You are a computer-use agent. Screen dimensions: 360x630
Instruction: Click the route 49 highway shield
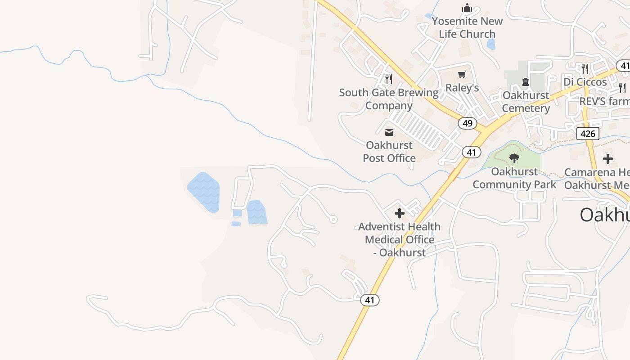click(x=468, y=123)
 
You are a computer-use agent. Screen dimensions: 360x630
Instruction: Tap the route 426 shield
click(x=588, y=133)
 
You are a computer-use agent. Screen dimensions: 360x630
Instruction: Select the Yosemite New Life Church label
click(x=467, y=27)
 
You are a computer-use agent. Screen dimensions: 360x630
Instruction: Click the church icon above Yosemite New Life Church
click(x=467, y=8)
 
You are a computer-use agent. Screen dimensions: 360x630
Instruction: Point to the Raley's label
click(x=462, y=88)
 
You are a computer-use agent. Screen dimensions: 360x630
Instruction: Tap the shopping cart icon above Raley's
click(x=462, y=74)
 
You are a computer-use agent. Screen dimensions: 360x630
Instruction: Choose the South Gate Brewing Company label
click(x=389, y=99)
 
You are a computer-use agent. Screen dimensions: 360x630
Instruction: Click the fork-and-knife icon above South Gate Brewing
click(x=389, y=79)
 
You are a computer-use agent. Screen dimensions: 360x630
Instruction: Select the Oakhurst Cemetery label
click(x=526, y=102)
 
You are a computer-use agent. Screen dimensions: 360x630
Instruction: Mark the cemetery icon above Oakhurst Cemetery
click(x=526, y=82)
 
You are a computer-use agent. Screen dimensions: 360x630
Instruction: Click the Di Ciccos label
click(x=585, y=82)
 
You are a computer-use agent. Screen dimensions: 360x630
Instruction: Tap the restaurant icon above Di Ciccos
click(x=585, y=68)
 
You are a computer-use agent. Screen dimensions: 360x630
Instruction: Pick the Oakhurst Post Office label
click(x=389, y=152)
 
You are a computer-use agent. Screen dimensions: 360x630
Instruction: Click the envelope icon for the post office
click(x=389, y=132)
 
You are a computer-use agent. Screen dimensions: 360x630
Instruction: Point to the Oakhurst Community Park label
click(x=514, y=178)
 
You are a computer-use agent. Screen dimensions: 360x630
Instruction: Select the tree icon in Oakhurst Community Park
click(x=514, y=158)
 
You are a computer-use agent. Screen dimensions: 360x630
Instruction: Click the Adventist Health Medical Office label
click(x=400, y=239)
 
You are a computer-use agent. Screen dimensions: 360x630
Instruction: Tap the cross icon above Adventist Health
click(x=400, y=213)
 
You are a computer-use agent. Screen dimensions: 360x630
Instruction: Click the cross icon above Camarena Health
click(x=608, y=159)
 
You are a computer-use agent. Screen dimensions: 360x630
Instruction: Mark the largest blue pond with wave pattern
click(x=203, y=192)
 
